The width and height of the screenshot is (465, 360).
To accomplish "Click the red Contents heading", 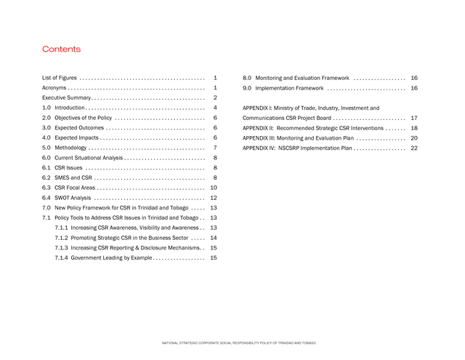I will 61,49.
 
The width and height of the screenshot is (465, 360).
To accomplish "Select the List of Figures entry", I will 59,77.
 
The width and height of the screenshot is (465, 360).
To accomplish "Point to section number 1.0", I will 46,108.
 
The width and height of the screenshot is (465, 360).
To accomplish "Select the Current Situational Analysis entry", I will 89,158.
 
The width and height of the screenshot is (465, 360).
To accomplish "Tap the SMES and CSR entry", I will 73,177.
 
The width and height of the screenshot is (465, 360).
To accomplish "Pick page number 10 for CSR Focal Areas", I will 214,188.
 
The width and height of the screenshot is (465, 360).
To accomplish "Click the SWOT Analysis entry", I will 73,198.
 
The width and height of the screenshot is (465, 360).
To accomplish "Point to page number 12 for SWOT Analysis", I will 214,198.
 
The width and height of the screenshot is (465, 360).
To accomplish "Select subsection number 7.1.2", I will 62,238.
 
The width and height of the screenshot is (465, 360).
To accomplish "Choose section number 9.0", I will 247,88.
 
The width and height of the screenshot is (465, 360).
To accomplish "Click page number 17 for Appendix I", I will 413,118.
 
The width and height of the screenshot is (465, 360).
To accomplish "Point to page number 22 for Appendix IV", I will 413,148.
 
